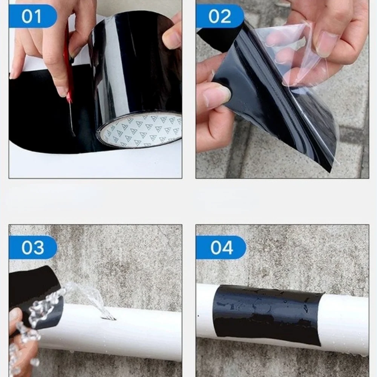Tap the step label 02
[x=219, y=16]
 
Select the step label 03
[x=33, y=247]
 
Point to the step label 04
[x=221, y=248]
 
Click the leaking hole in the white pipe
[x=108, y=319]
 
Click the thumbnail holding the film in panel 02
[x=326, y=44]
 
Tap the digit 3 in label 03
[x=38, y=247]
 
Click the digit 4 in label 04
[x=227, y=248]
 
